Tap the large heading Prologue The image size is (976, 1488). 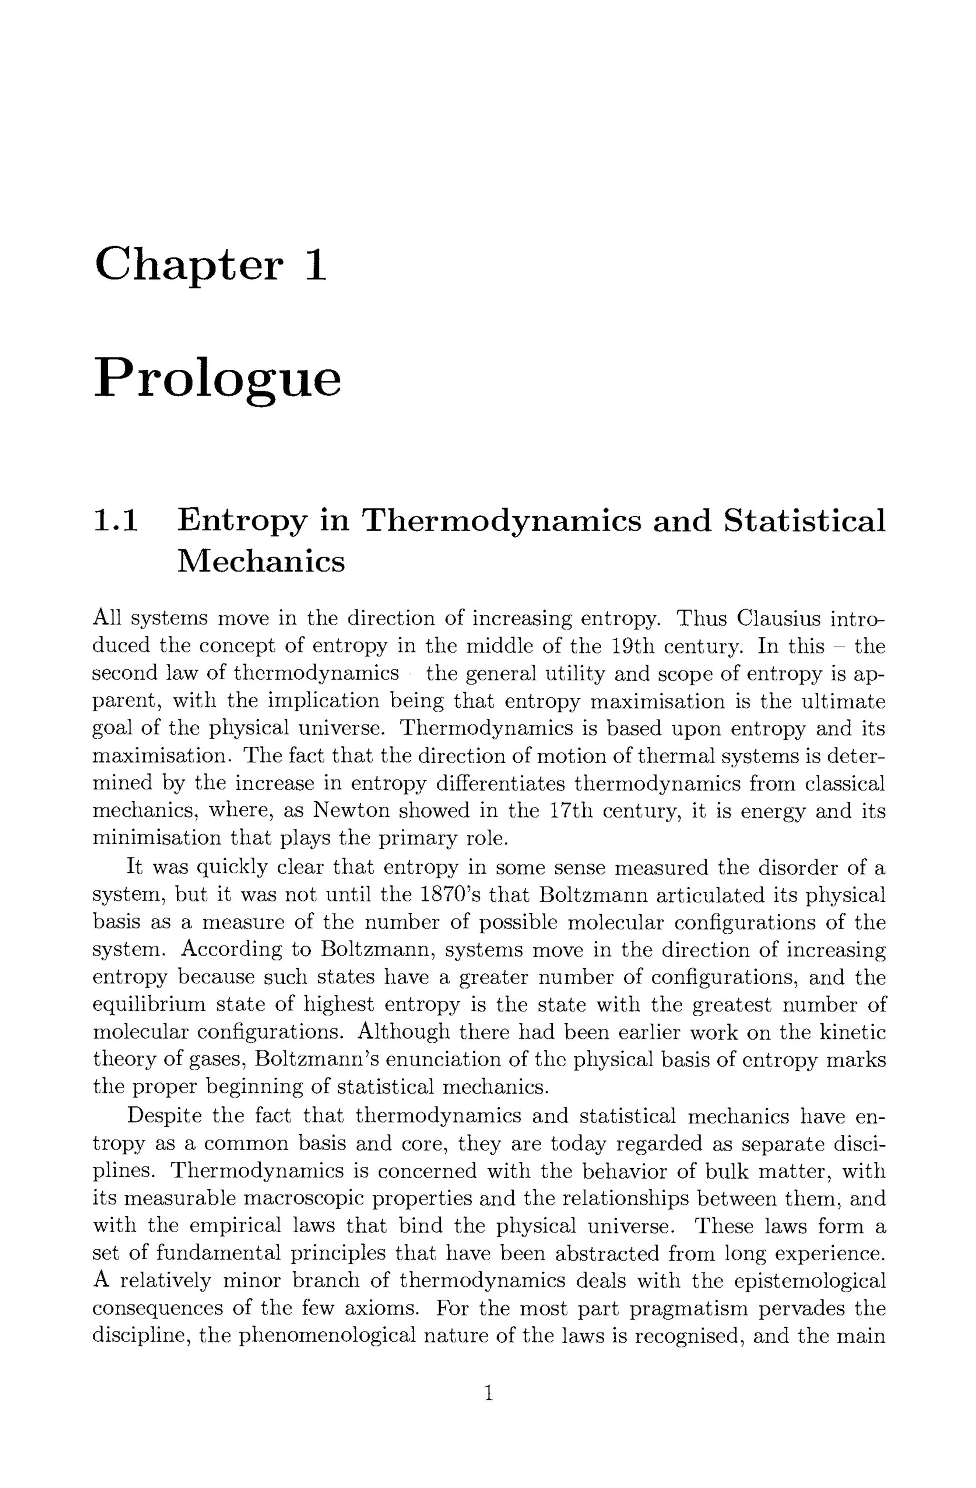click(218, 379)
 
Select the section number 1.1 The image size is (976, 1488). click(116, 521)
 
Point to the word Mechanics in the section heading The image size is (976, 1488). click(261, 561)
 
